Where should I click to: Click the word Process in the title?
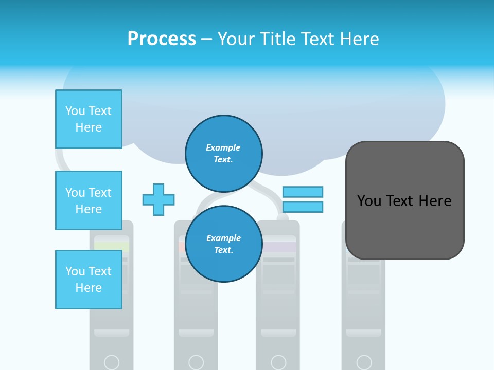[x=162, y=39]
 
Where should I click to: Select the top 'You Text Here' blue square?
[x=89, y=119]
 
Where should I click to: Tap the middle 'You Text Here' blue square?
[x=89, y=200]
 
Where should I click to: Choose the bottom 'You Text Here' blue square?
[x=89, y=280]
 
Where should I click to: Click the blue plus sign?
[x=158, y=199]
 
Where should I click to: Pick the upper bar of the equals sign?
[x=303, y=192]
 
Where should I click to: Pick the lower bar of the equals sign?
[x=303, y=207]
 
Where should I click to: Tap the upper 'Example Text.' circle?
[x=224, y=153]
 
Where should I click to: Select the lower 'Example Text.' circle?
[x=224, y=244]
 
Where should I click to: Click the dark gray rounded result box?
[x=404, y=200]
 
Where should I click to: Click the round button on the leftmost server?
[x=112, y=362]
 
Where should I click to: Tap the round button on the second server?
[x=196, y=362]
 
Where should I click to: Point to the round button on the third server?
[x=278, y=362]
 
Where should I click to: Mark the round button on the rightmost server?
[x=364, y=362]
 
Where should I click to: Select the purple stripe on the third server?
[x=279, y=247]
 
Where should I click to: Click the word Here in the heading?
[x=360, y=39]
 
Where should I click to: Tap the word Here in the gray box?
[x=435, y=200]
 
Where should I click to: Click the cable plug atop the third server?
[x=282, y=217]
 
